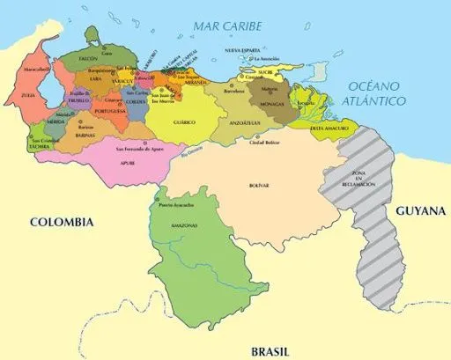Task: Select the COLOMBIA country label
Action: coord(61,223)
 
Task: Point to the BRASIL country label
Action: coord(270,349)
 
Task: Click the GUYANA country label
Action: coord(420,212)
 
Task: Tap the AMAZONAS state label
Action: coord(185,226)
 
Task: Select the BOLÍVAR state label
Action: coord(258,186)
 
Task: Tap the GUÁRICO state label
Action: coord(183,121)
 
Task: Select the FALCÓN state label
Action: coord(88,57)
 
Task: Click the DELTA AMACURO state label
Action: coord(328,128)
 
